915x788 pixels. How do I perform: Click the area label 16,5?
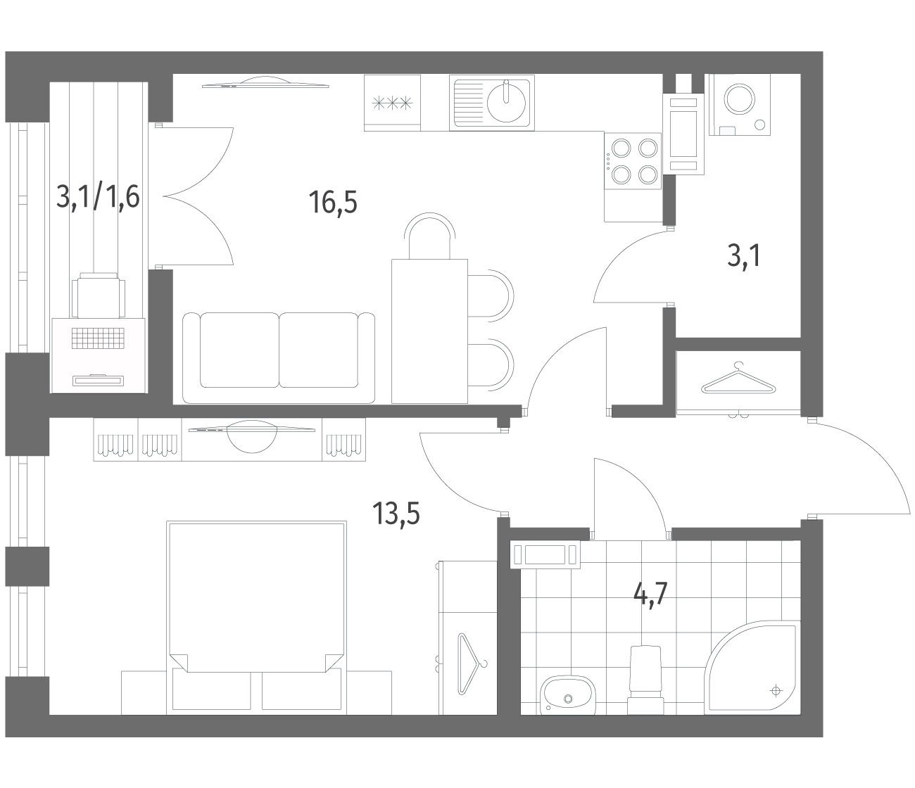coord(332,203)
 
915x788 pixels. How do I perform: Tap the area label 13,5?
coord(396,514)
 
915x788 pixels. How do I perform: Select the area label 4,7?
coord(650,595)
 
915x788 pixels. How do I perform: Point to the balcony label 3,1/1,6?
coord(98,197)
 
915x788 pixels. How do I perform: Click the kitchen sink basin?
coord(506,102)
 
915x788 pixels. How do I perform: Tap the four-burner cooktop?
coord(633,161)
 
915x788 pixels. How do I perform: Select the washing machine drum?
coord(740,99)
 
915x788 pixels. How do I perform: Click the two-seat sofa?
coord(279,358)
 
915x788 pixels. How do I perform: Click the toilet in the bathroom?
coord(645,680)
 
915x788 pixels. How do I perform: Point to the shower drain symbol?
coord(775,689)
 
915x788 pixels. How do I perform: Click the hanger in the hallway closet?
coord(738,379)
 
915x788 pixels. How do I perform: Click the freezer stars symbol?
coord(392,103)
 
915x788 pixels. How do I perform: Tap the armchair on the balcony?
coord(99,295)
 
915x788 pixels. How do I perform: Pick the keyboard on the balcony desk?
coord(98,338)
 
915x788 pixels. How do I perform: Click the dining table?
coord(429,331)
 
